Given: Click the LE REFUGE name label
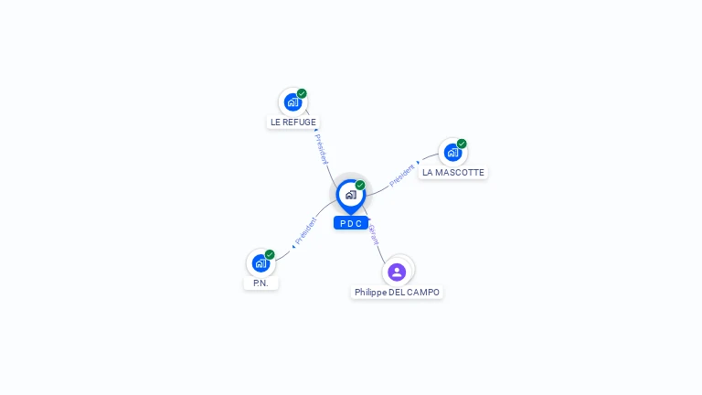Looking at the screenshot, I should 293,122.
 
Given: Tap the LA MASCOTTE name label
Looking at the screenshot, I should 453,172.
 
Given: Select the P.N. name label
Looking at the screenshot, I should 261,283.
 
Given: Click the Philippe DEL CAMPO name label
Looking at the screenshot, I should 397,293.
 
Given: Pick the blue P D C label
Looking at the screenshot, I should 351,223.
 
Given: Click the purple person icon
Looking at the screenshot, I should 397,272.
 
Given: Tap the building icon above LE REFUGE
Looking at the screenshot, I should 292,101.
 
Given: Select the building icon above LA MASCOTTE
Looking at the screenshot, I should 452,152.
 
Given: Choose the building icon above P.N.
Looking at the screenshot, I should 261,263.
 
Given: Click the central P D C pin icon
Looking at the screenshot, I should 350,195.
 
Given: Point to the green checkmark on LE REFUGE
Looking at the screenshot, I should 302,93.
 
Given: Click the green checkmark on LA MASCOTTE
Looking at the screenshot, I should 462,144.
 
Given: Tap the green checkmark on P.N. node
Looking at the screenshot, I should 270,255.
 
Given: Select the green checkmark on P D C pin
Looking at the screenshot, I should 360,186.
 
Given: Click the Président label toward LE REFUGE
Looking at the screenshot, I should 321,149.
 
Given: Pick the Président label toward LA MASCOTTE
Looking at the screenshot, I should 402,176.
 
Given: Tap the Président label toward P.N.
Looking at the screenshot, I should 306,230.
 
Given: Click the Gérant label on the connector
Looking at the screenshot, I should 373,235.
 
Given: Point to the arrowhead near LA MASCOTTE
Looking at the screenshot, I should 419,163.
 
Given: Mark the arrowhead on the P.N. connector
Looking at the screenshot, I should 292,247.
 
